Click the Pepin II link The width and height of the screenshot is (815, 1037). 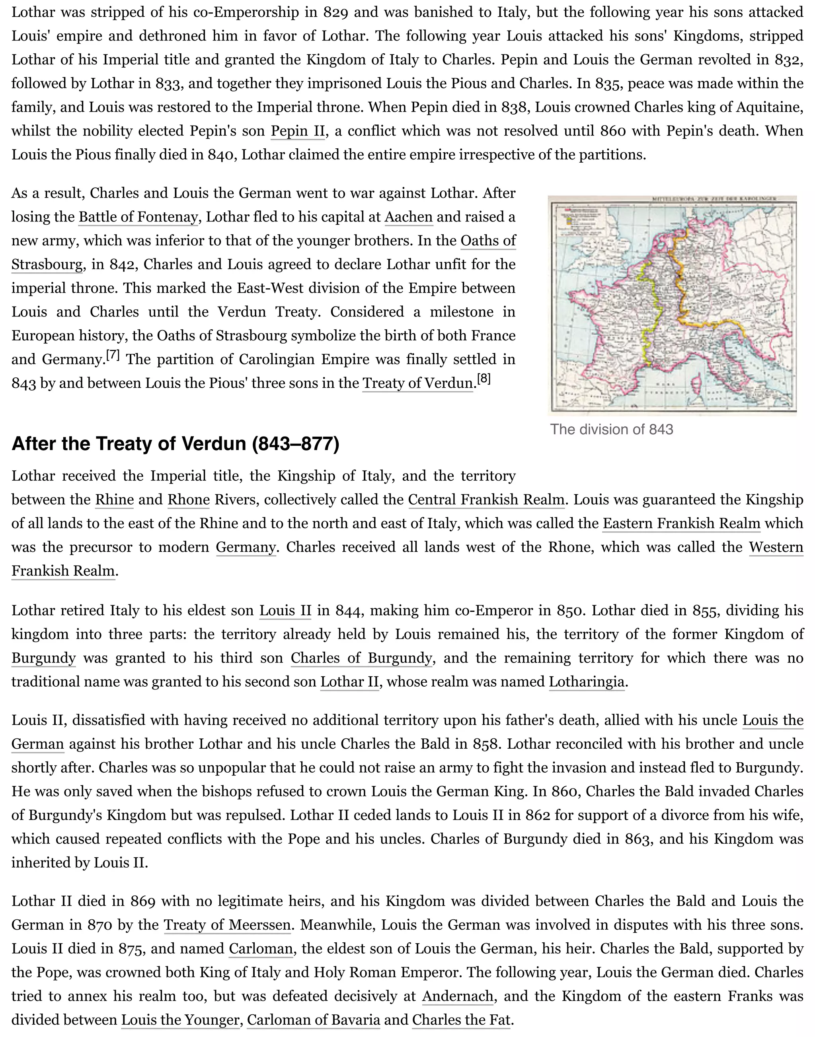coord(297,131)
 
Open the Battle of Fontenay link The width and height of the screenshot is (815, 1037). coord(138,217)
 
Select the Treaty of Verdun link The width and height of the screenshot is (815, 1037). coord(417,383)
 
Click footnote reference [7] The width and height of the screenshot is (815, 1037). coord(113,355)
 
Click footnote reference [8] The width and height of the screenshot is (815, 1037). coord(484,379)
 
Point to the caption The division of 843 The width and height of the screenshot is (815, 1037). coord(611,429)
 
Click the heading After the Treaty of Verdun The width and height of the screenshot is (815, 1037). coord(175,443)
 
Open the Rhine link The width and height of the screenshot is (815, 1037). coord(114,500)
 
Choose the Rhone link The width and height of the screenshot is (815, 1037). coord(189,500)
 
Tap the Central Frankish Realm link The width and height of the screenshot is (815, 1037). coord(486,500)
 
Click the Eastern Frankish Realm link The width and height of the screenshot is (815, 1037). coord(681,524)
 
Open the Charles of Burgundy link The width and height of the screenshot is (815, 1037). coord(361,658)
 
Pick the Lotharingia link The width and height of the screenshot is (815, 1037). coord(587,682)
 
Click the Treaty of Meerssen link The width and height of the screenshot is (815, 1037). coord(227,925)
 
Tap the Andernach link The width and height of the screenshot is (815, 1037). coord(458,996)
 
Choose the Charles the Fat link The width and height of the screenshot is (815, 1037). coord(461,1020)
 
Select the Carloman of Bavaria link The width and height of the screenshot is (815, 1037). coord(314,1020)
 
